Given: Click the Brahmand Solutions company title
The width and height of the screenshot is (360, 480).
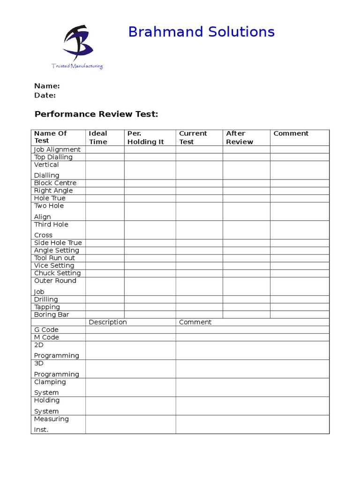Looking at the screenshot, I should coord(201,32).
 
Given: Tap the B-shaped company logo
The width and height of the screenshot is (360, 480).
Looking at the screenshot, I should coord(78,44).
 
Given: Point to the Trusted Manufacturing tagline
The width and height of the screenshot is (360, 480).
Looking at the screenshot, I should coord(77,66).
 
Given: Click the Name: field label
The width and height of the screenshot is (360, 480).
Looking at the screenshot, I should coord(47,86).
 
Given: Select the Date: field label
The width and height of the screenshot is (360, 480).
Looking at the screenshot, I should coord(45,95).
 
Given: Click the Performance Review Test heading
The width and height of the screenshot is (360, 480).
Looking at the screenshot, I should coord(97,114).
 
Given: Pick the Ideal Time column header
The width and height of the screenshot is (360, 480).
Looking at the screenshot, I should coord(98,137).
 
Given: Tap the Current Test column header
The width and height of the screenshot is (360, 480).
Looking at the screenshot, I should coord(193,137).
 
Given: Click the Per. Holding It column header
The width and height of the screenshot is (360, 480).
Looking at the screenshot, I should coord(145,137).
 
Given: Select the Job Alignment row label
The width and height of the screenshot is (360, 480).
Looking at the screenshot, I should coord(57,150).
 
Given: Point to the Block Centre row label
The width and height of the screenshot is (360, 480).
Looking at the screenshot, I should coord(55,183).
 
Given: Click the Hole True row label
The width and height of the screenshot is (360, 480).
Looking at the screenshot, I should coord(50,198).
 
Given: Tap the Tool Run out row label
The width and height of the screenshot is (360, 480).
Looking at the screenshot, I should coord(54,258).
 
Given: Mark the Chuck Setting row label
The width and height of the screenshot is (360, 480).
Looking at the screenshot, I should coord(57,273).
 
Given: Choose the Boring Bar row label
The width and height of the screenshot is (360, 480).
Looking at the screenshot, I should coord(52,315).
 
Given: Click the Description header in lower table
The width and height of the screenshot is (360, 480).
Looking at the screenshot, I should coord(108,322).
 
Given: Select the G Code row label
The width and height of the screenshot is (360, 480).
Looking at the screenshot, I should coord(46,330).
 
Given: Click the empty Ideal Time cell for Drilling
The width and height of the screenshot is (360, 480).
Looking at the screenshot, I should coord(105,300).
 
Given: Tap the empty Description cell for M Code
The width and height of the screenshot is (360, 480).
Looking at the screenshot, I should coord(130,337).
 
